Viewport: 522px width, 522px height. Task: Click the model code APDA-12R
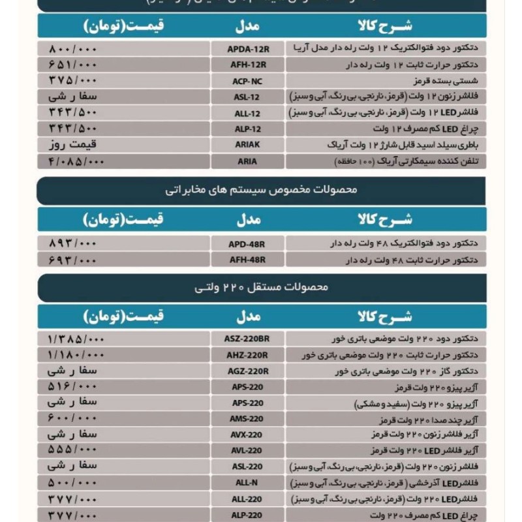pos(248,49)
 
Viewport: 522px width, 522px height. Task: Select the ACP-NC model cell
pos(248,81)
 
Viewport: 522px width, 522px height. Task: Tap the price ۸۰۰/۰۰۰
pos(72,49)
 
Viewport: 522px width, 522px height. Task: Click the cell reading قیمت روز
pos(72,145)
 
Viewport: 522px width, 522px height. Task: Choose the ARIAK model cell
pos(248,145)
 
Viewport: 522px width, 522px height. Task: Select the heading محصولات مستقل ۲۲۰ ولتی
pos(261,287)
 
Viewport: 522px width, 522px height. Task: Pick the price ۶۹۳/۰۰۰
pos(72,260)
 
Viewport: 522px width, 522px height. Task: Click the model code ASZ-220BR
pos(248,339)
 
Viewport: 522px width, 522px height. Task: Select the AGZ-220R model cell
pos(248,371)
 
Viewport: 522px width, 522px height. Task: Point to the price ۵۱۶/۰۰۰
pos(72,387)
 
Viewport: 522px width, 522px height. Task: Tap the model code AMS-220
pos(248,419)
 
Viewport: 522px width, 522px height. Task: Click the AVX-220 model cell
pos(248,435)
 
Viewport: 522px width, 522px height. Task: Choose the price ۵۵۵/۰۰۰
pos(72,450)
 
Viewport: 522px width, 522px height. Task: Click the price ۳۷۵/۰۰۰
pos(72,81)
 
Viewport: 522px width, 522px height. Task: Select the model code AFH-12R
pos(248,65)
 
